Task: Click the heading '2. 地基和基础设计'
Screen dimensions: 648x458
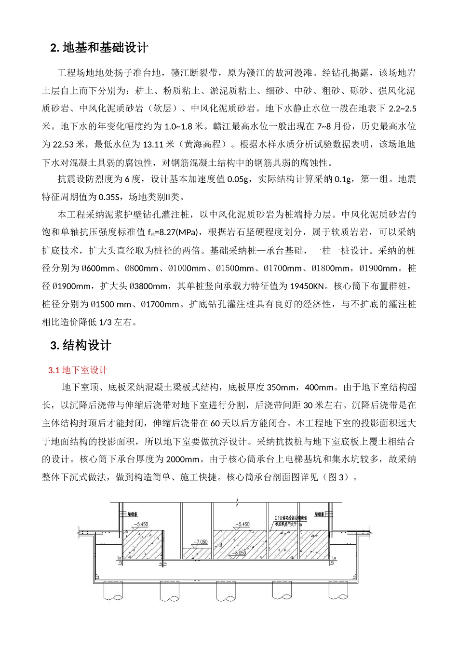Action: pos(99,48)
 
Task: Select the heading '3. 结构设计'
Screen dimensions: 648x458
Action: pos(81,345)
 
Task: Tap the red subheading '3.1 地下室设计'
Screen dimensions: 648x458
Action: pos(78,370)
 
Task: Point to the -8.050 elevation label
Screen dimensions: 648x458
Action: pos(239,553)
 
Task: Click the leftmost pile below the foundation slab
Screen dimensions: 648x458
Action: pos(114,591)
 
